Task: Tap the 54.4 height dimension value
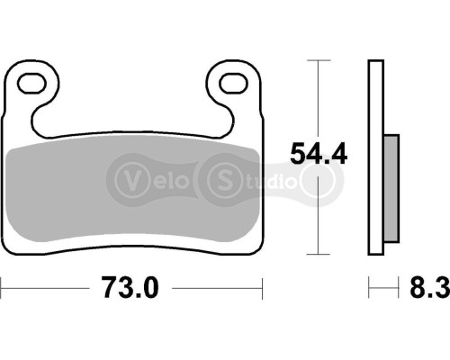coord(318,155)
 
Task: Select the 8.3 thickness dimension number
coord(427,289)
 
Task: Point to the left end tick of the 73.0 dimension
coord(3,289)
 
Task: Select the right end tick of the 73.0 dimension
coord(263,289)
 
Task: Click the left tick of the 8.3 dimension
coord(368,289)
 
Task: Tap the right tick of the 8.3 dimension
coord(398,289)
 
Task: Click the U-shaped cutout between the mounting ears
coord(133,117)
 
